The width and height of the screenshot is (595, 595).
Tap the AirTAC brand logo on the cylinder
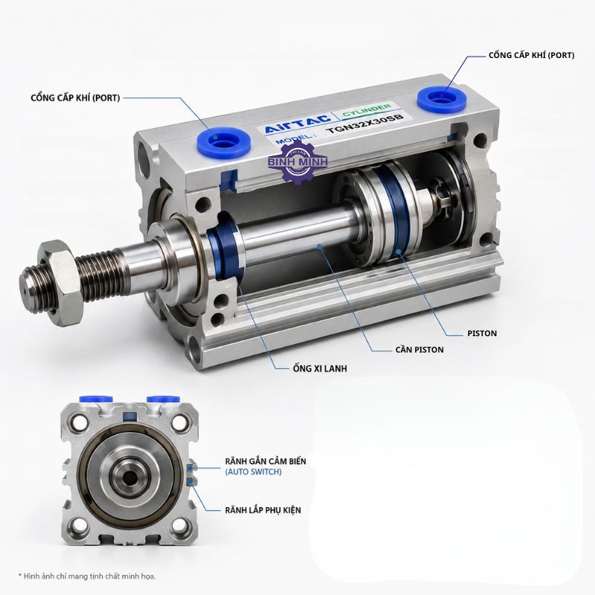[297, 123]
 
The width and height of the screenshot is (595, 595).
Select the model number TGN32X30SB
[364, 123]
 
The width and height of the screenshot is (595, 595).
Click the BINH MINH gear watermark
[297, 162]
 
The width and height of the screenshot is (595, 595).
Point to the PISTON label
[482, 333]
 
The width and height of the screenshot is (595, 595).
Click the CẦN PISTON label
[419, 350]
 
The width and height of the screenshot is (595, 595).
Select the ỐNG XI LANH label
[320, 368]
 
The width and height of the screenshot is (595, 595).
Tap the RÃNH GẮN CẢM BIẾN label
[266, 461]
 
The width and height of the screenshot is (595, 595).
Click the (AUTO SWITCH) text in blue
[253, 472]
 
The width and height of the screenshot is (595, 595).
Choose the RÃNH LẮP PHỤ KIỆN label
[263, 510]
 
